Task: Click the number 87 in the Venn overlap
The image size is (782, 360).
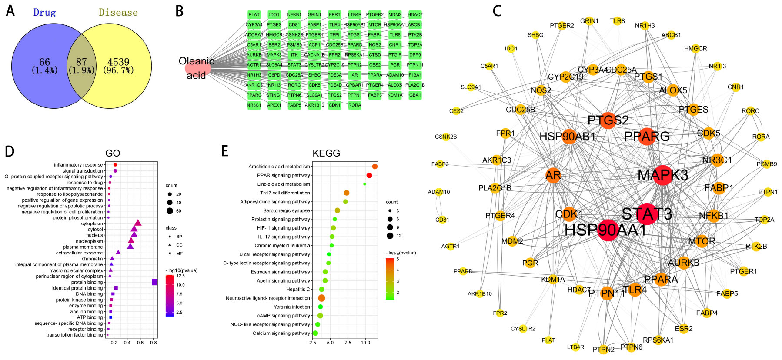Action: [81, 62]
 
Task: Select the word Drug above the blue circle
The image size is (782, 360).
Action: [45, 13]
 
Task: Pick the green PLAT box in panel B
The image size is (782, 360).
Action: [254, 15]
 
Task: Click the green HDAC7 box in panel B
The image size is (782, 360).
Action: [415, 15]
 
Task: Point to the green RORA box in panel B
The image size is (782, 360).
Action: [354, 105]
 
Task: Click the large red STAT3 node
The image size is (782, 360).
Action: [648, 214]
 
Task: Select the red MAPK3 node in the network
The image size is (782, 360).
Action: [663, 175]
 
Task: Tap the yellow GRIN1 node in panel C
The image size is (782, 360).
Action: [589, 21]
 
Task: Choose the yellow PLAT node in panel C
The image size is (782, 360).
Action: [548, 340]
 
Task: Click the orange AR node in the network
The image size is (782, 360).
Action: [553, 175]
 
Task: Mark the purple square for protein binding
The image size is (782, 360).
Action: [154, 282]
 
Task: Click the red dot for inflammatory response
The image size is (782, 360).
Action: [115, 165]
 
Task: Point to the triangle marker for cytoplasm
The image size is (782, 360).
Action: [138, 223]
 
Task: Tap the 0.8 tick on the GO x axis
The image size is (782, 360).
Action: [154, 343]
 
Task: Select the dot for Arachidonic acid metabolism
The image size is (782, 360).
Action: [375, 167]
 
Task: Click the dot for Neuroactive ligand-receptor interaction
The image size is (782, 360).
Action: [321, 298]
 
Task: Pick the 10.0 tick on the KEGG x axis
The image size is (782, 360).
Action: [365, 343]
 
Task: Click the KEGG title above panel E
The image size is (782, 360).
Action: [326, 153]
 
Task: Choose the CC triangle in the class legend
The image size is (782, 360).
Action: [169, 245]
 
